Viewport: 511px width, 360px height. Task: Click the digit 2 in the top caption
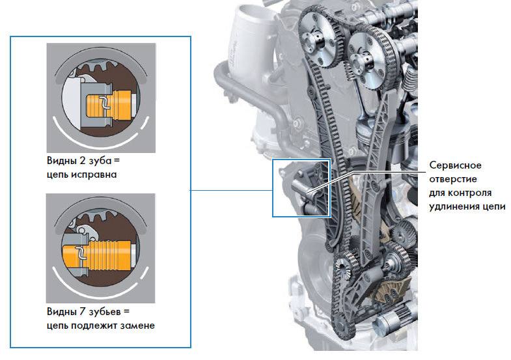pos(83,161)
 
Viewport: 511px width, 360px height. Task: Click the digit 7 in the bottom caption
pos(83,311)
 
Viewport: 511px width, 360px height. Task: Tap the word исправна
pos(94,175)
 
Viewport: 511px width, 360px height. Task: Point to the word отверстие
pos(453,179)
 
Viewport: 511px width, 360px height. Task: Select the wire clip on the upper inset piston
pos(105,102)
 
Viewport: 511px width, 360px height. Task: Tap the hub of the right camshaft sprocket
pos(361,62)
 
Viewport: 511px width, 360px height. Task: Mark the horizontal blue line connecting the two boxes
pos(231,190)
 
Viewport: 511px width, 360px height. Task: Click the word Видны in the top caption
pos(62,161)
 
